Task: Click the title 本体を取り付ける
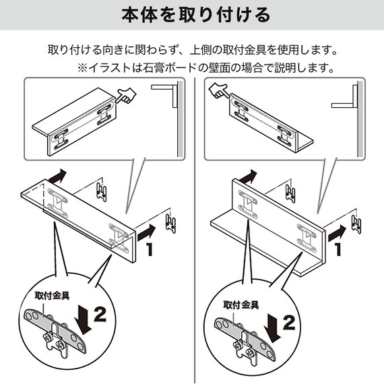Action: point(196,15)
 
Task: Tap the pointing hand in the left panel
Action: point(126,96)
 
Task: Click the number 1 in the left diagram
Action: point(149,249)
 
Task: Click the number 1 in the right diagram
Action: point(338,249)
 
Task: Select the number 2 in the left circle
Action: point(100,315)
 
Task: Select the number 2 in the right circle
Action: point(289,323)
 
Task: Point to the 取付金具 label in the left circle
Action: point(52,296)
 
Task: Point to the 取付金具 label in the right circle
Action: point(241,305)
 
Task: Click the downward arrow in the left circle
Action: point(83,319)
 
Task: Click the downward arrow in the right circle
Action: point(272,327)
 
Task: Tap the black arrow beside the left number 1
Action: point(146,232)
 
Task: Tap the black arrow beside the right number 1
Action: point(337,233)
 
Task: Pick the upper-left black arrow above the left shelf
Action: point(58,176)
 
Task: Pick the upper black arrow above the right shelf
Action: point(248,177)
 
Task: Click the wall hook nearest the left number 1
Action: point(170,224)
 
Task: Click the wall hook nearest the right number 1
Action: point(356,224)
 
